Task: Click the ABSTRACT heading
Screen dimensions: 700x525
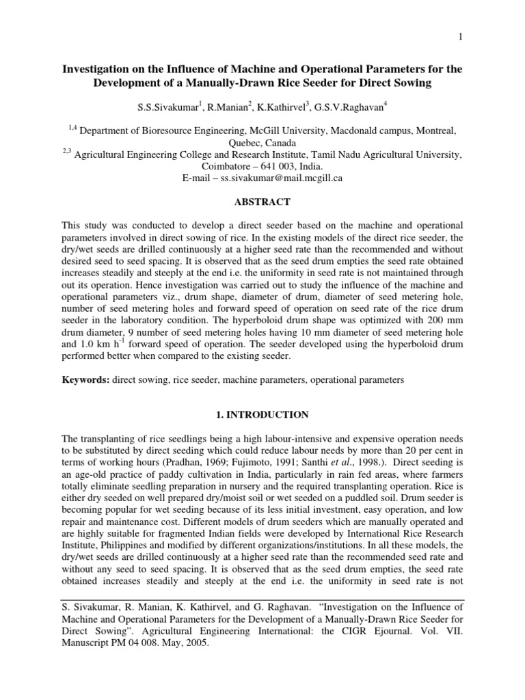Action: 262,202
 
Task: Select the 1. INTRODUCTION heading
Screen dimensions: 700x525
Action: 262,415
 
